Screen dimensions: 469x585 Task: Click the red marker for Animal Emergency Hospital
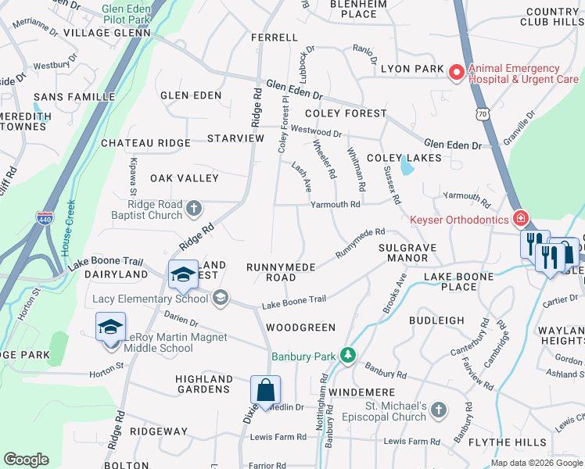(455, 72)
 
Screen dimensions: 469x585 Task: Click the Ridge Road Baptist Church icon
(195, 208)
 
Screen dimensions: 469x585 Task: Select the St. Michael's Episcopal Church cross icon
(439, 410)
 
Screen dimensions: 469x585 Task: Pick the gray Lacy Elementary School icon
(221, 297)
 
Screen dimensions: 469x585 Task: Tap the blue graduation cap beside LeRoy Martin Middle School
(110, 325)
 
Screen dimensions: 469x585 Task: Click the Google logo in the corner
(26, 460)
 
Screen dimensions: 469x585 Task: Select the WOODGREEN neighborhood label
(300, 328)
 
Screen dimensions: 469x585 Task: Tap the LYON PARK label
(412, 70)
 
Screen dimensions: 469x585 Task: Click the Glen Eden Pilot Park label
(125, 13)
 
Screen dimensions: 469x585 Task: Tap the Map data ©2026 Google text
(536, 463)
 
